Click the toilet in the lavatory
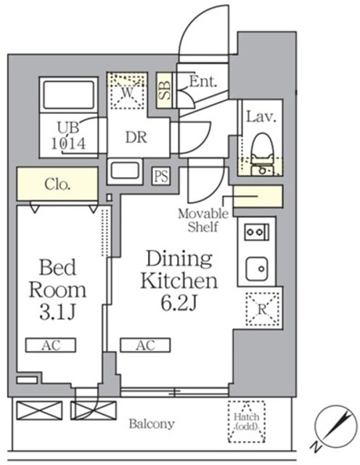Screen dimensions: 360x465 tap(261, 154)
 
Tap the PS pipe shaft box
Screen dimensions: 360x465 tap(161, 176)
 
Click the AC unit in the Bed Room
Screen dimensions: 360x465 tap(50, 345)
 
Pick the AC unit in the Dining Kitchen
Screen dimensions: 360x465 tap(145, 345)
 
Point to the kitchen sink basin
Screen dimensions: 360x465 tap(257, 268)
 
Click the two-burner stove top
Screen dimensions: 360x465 tap(257, 232)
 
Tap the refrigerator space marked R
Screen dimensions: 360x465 tap(262, 310)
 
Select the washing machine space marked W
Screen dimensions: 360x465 tap(128, 90)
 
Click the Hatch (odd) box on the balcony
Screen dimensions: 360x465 tap(247, 421)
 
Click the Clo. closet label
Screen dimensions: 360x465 tap(57, 185)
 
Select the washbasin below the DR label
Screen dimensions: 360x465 tap(125, 171)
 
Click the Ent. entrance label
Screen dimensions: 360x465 tap(203, 81)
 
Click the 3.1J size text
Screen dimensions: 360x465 tap(58, 312)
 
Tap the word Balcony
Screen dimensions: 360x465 tap(152, 424)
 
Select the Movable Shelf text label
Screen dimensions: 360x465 tap(203, 220)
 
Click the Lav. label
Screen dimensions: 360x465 tap(261, 117)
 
